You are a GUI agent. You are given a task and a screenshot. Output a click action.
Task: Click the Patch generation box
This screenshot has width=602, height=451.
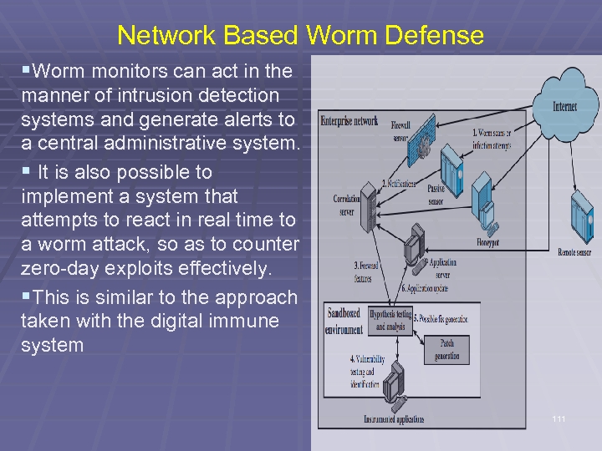tap(446, 350)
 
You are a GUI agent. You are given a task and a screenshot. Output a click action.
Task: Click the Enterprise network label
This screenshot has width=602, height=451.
tap(349, 121)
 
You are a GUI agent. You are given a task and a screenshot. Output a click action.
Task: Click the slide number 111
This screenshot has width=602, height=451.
tap(559, 418)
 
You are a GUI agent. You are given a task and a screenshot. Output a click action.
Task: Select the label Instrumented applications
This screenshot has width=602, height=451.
tap(394, 419)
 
